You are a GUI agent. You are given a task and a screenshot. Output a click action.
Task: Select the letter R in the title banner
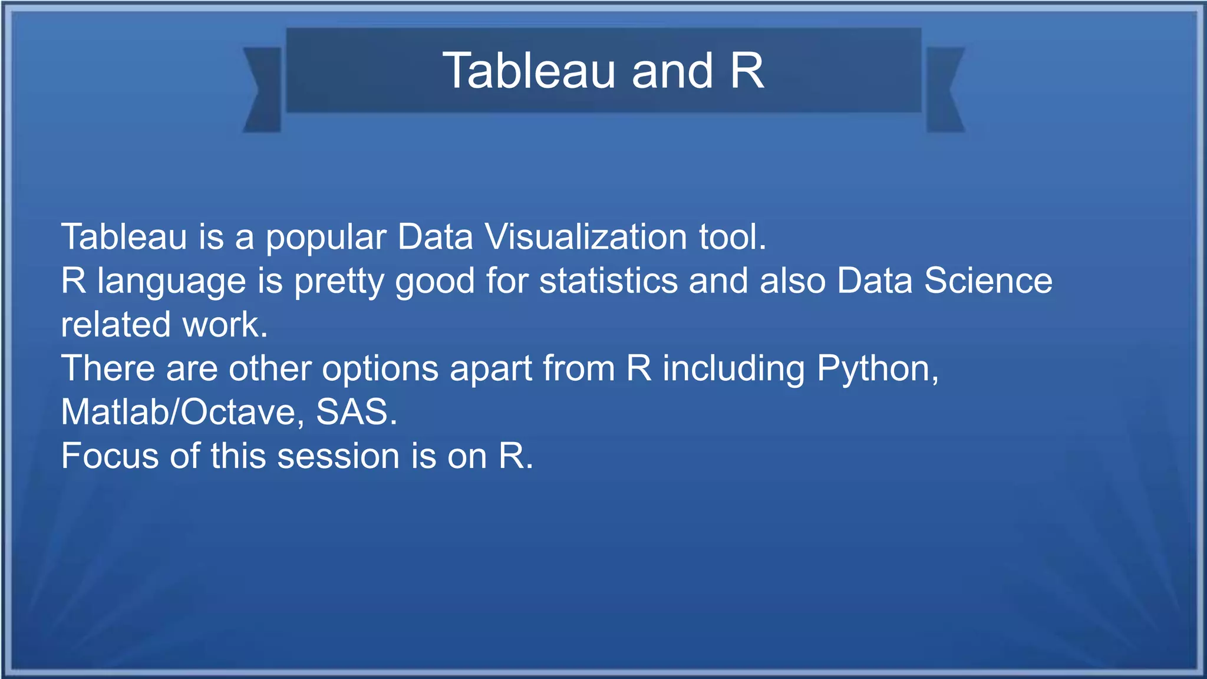747,71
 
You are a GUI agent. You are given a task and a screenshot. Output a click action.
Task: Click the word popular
325,238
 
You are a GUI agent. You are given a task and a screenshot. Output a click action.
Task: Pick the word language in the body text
172,282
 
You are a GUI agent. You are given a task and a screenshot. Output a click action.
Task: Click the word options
380,370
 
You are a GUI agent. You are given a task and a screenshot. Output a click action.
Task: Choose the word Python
877,370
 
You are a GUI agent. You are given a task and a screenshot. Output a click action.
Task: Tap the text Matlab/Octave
183,412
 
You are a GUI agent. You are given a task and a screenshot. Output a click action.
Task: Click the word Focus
110,456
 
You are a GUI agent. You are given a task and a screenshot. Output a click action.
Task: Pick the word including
734,370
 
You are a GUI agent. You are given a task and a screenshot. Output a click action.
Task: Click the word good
435,282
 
